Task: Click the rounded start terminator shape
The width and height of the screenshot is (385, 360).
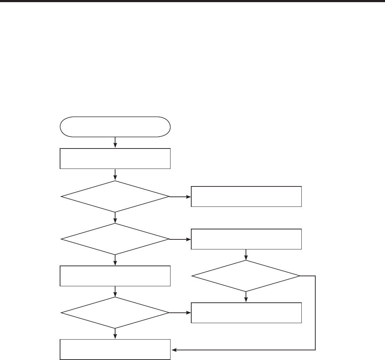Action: click(x=115, y=126)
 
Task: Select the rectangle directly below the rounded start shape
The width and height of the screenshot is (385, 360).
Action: click(x=115, y=158)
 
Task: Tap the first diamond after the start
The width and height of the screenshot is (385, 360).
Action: click(x=115, y=196)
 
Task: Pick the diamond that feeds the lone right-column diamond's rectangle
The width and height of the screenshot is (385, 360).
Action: click(x=115, y=238)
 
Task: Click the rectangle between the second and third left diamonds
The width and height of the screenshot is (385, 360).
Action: click(x=115, y=276)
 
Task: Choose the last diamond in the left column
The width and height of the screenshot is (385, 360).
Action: click(x=115, y=313)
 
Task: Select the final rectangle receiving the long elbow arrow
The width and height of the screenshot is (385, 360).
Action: click(x=115, y=350)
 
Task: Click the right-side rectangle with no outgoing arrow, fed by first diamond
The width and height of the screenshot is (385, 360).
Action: click(x=246, y=196)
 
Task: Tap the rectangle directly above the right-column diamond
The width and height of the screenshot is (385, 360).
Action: click(x=246, y=238)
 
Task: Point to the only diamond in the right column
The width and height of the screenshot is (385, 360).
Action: click(x=246, y=276)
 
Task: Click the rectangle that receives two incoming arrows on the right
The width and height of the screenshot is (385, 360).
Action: click(x=246, y=313)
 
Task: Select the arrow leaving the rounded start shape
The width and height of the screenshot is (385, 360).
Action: click(x=115, y=142)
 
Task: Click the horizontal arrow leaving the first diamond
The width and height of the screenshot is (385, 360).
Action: click(x=180, y=196)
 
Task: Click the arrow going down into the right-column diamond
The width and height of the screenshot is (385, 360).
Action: click(x=246, y=255)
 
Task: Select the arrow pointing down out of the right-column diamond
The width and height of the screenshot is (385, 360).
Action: click(x=246, y=297)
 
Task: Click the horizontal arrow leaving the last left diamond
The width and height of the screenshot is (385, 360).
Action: click(x=180, y=313)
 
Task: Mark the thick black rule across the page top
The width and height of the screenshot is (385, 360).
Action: click(x=192, y=1)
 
